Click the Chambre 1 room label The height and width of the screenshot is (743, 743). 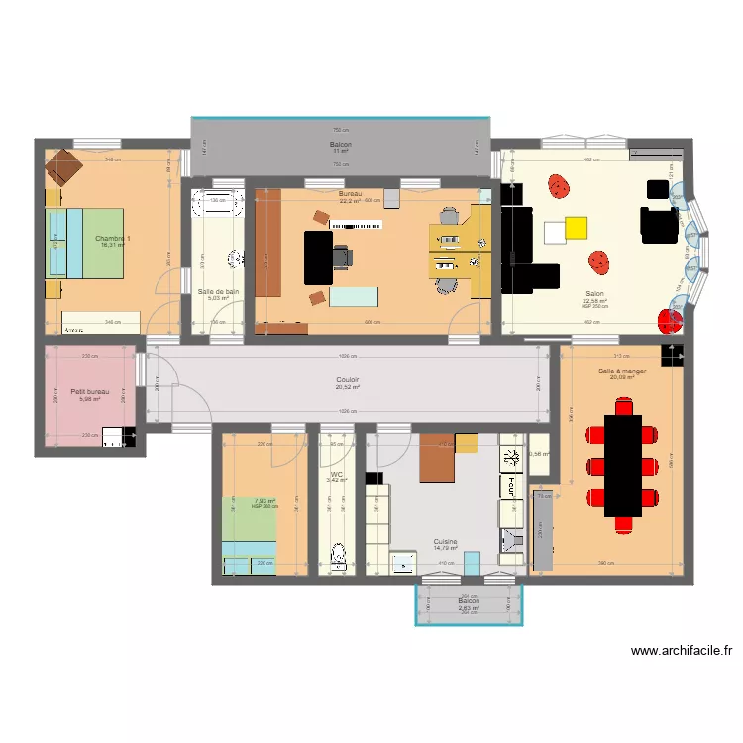point(112,239)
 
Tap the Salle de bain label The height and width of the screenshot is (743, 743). point(218,292)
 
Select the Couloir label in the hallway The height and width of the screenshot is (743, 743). point(347,379)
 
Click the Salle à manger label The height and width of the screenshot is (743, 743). point(621,371)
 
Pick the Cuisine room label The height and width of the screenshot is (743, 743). point(445,542)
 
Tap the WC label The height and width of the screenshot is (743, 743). point(337,474)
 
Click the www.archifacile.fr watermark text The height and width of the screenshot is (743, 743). point(683,651)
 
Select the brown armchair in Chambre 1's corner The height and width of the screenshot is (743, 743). point(61,166)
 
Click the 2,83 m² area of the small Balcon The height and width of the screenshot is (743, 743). point(469,609)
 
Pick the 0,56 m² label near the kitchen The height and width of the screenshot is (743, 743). point(539,455)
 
